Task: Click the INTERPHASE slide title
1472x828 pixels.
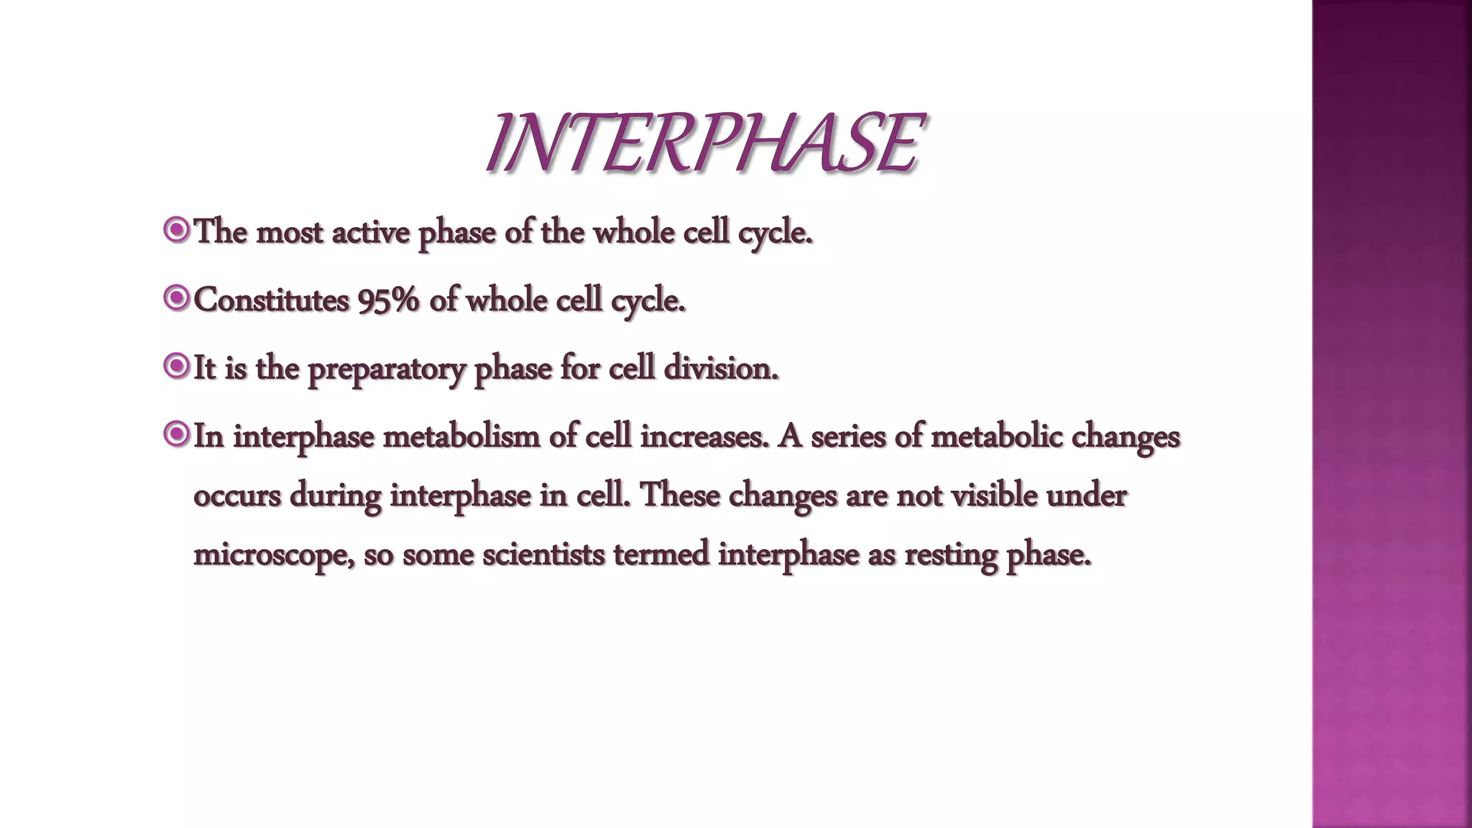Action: pos(703,144)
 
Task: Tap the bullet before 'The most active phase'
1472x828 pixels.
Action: pos(176,231)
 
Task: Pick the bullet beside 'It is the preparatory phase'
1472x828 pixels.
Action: pos(176,367)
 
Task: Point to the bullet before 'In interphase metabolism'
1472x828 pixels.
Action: pos(176,434)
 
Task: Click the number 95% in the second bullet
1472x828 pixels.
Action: pos(388,300)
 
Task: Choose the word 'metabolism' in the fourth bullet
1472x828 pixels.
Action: pos(461,436)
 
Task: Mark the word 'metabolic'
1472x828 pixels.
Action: pos(996,436)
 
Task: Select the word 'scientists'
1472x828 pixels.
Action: pos(543,554)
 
